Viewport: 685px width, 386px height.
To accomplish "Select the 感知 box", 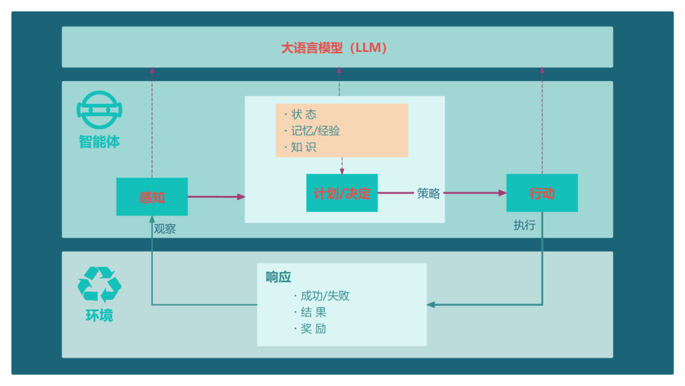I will [152, 196].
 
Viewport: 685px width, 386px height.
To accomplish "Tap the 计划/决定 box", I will [342, 193].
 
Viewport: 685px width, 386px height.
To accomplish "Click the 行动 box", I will [542, 193].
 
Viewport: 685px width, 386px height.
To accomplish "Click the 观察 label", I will [165, 229].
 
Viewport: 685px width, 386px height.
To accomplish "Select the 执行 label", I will [525, 225].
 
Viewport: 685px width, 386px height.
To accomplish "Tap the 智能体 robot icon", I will [100, 110].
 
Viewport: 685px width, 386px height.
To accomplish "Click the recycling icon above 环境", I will [99, 284].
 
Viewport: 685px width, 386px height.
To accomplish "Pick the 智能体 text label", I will [100, 141].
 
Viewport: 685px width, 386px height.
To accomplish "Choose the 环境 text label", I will [100, 315].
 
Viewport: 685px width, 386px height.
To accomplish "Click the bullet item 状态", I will [304, 115].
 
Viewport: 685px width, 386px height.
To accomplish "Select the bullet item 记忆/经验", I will [315, 131].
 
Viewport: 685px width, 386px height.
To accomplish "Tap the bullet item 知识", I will [304, 148].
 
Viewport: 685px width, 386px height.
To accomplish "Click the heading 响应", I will [278, 277].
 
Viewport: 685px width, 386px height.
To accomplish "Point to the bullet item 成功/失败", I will [325, 296].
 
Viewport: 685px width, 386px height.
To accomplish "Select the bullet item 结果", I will [313, 312].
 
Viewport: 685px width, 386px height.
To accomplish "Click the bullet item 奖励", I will [313, 329].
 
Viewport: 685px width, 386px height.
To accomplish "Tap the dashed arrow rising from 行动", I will [542, 120].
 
